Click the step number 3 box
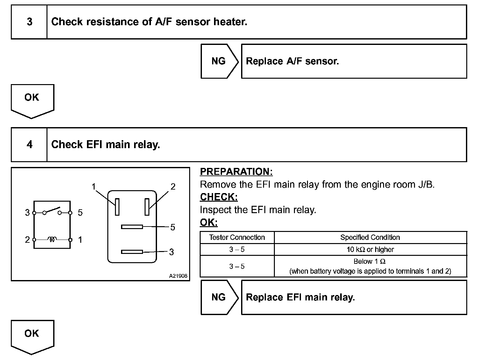(x=29, y=22)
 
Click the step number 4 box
(x=29, y=145)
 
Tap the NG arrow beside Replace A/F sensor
(x=219, y=61)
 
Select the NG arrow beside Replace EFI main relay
(x=219, y=297)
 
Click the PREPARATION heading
(x=236, y=172)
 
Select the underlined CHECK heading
(x=219, y=197)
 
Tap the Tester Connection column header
(x=237, y=237)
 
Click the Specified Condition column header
(x=370, y=237)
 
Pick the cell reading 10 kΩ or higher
(x=370, y=249)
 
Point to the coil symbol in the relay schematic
(x=52, y=239)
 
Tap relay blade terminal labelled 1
(x=117, y=207)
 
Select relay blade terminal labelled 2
(x=147, y=207)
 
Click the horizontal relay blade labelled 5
(x=132, y=227)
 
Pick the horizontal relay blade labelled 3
(x=132, y=252)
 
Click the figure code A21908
(x=178, y=276)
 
